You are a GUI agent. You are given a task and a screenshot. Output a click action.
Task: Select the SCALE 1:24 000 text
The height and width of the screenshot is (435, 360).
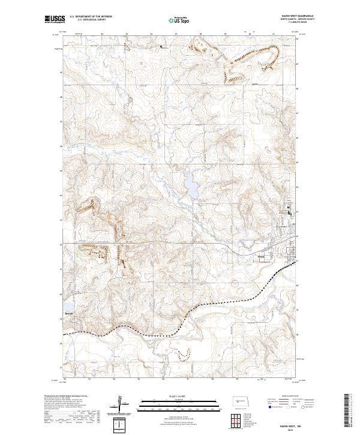[x=180, y=395]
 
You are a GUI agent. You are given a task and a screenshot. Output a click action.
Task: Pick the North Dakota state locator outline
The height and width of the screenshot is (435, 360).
[x=242, y=402]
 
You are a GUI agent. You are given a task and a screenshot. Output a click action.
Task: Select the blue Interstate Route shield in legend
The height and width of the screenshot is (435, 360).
[x=269, y=406]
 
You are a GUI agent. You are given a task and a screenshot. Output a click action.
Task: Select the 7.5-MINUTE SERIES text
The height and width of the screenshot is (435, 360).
[x=296, y=23]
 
